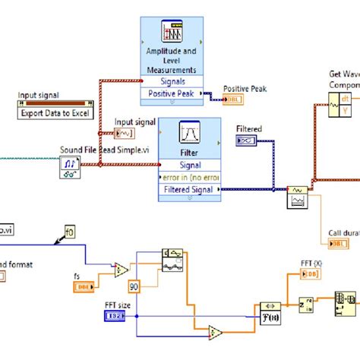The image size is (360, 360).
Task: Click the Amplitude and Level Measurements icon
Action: point(170,30)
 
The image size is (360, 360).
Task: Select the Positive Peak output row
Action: point(171,95)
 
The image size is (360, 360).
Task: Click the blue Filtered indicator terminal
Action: point(247,139)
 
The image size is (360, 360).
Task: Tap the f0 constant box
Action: point(70,232)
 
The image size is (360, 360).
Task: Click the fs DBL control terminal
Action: point(84,286)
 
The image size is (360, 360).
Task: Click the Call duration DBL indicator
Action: point(336,243)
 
